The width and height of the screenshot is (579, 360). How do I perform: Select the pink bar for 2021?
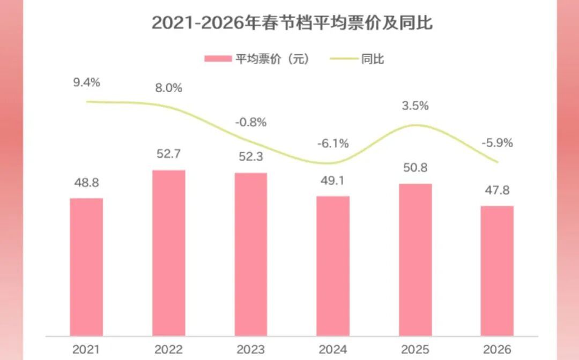tap(86, 267)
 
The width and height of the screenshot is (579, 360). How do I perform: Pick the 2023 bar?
tap(251, 254)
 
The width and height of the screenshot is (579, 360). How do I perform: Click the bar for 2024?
tap(333, 266)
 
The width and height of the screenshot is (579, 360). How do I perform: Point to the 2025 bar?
tap(415, 260)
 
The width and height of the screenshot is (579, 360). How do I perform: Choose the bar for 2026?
tap(498, 271)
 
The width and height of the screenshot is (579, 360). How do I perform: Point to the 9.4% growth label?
tap(87, 82)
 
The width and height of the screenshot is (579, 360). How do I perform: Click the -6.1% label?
tap(333, 143)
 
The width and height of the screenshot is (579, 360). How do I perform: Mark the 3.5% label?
tap(415, 106)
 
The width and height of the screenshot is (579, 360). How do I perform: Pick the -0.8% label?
tap(251, 122)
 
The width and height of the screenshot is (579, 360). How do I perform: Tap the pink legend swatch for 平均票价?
tap(217, 59)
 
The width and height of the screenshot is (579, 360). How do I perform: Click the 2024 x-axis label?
tap(333, 349)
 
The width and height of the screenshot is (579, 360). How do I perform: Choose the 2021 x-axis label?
tap(86, 349)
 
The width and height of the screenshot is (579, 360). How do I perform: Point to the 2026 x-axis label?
tap(498, 349)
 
